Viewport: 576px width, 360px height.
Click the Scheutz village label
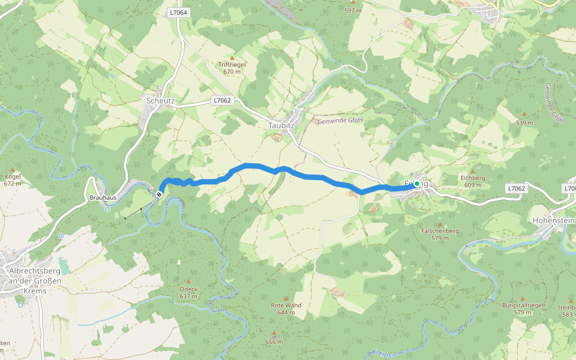click(160, 101)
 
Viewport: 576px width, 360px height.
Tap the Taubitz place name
click(280, 125)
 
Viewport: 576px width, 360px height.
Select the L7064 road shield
click(178, 12)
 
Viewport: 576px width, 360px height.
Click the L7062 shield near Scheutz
click(222, 101)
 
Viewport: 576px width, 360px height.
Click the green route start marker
click(416, 184)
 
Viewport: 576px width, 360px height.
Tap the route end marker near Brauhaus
click(159, 194)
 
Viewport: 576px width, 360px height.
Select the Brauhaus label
click(101, 197)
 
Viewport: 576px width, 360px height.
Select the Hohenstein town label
click(553, 221)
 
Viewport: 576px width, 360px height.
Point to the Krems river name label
click(382, 353)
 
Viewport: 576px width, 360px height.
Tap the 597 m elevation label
click(353, 11)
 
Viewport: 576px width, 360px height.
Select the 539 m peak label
click(524, 123)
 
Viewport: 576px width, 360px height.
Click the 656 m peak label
click(274, 342)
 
